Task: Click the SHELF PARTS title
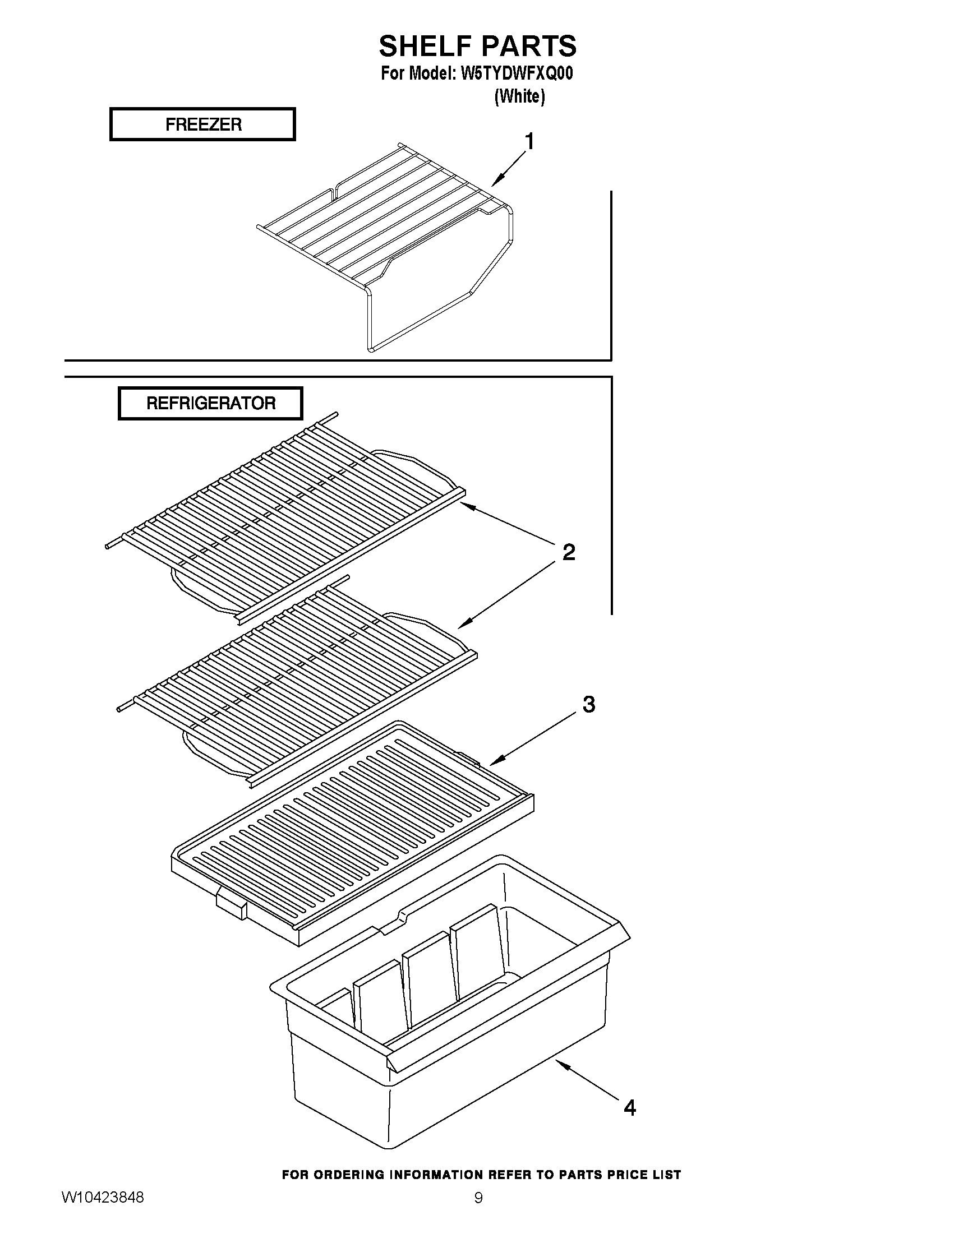click(478, 47)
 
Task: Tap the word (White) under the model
click(519, 96)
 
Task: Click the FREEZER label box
click(202, 124)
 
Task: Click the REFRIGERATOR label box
click(210, 404)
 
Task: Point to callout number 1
click(529, 141)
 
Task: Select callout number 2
click(569, 552)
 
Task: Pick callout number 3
click(589, 705)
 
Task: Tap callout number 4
click(630, 1108)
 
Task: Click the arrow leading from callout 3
click(534, 740)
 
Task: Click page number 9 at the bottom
click(478, 1198)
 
